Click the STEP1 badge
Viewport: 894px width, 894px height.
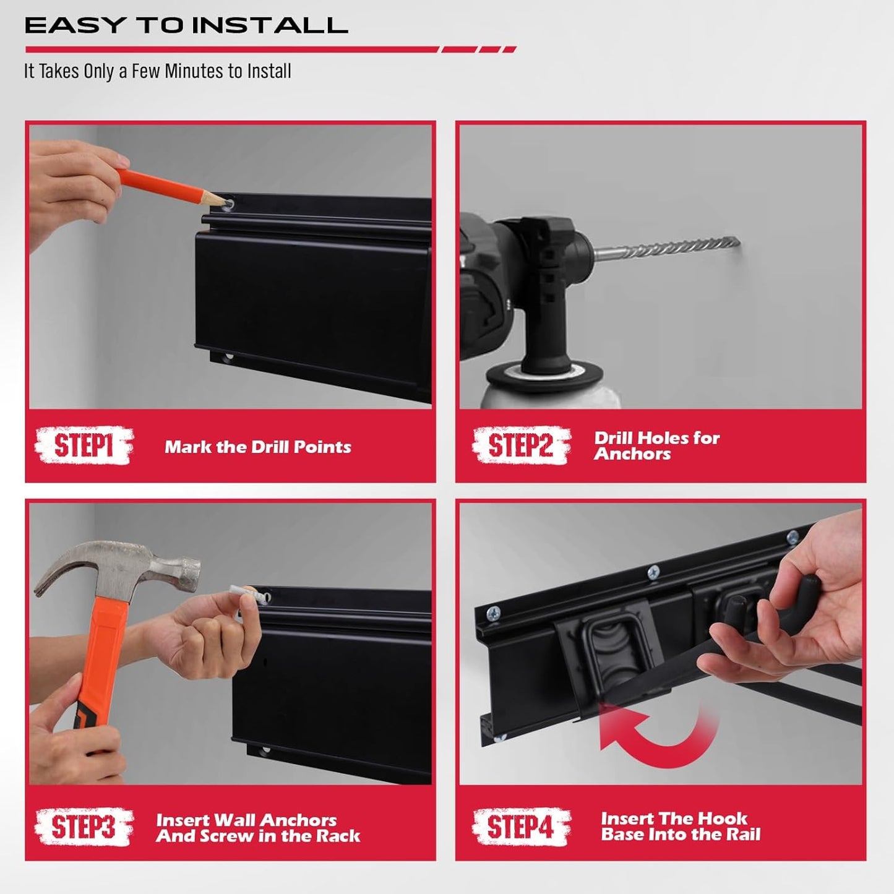point(84,445)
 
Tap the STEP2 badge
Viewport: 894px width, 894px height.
point(521,445)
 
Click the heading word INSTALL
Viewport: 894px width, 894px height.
point(270,26)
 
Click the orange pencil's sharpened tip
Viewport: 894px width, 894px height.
point(221,200)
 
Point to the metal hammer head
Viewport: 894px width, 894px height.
point(118,566)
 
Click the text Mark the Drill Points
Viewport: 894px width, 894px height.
point(257,447)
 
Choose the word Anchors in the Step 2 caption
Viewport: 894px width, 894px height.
point(632,454)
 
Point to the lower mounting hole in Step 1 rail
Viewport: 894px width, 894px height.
point(230,358)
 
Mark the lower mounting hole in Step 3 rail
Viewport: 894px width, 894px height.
point(266,751)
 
